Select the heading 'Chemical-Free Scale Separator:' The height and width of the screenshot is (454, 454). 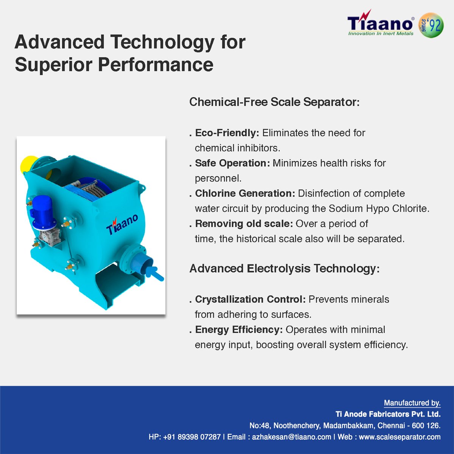tap(274, 102)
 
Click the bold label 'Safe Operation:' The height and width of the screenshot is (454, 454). tap(232, 163)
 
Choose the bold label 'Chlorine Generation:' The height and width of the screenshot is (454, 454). tap(245, 193)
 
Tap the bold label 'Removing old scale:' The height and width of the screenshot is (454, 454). tap(244, 224)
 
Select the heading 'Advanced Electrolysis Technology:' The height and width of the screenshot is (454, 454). tap(284, 269)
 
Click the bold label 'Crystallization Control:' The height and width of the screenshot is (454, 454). tap(250, 299)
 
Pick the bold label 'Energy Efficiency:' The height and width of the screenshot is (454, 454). tap(239, 330)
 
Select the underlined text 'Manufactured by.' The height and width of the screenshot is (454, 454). tap(412, 403)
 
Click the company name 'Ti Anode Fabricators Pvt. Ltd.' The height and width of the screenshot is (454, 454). tap(388, 414)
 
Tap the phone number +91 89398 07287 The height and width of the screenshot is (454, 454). tap(192, 437)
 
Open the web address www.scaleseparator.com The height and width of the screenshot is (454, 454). tap(400, 437)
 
